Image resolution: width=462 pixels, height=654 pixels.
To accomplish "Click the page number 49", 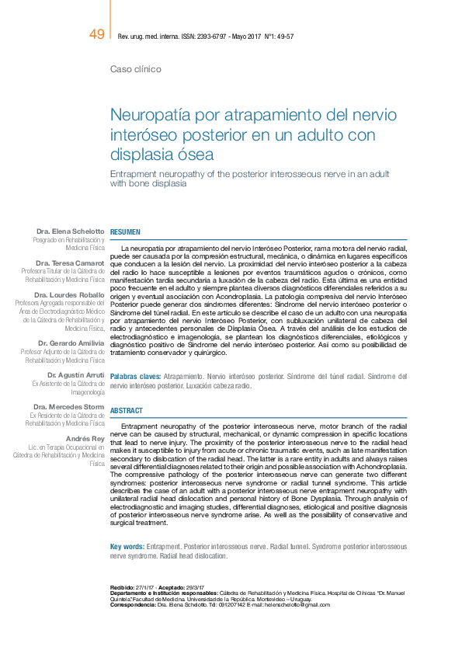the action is (97, 34).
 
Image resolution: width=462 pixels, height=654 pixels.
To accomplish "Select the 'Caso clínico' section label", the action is (136, 69).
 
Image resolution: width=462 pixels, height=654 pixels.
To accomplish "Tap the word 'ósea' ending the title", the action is (195, 155).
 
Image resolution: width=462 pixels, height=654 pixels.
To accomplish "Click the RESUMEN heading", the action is (126, 232).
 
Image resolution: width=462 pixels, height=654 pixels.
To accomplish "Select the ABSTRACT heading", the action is (127, 409).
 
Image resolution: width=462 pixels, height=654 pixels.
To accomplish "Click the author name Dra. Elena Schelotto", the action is (70, 231).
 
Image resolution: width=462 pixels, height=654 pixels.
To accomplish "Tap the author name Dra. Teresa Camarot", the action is (70, 263).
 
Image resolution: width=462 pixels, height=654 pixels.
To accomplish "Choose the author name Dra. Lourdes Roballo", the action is (69, 295).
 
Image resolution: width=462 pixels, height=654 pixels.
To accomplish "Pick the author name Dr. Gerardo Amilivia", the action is (71, 343).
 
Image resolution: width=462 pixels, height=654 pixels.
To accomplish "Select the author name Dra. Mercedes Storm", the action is (69, 407).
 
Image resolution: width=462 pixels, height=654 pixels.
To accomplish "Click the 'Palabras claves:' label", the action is (135, 376).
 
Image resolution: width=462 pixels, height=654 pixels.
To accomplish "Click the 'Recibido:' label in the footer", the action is (123, 586).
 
